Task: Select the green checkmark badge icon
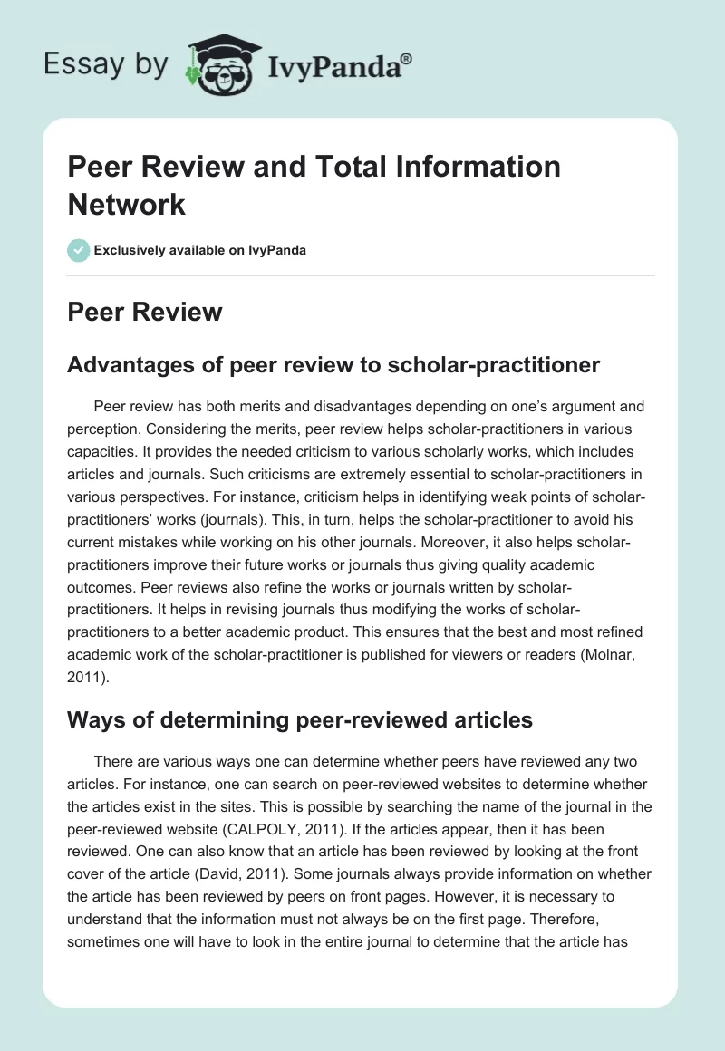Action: tap(79, 250)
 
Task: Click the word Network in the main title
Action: tap(127, 203)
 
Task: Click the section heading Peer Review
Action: tap(145, 313)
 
